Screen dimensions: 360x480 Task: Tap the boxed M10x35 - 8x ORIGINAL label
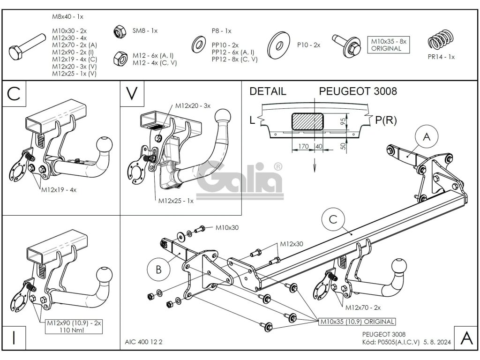[x=386, y=45]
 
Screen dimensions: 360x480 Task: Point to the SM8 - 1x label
[x=145, y=31]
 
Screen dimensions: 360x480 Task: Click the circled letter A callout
[x=426, y=137]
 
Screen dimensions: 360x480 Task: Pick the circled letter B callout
[x=158, y=269]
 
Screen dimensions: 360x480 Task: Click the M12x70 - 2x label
[x=363, y=308]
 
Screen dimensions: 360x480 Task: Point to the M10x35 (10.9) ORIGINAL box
[x=357, y=322]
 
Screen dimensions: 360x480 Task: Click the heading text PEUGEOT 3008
[x=358, y=91]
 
